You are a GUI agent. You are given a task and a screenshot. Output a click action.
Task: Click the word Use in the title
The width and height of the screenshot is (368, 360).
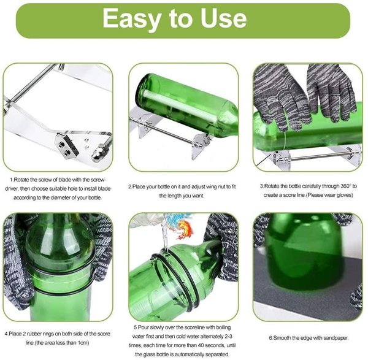tap(223, 17)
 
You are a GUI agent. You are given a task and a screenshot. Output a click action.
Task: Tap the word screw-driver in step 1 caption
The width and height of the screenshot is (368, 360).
tap(58, 184)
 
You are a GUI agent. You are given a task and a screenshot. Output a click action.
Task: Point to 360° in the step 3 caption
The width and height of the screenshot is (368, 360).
tap(345, 186)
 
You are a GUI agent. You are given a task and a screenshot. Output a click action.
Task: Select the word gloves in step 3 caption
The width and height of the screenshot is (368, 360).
tap(344, 195)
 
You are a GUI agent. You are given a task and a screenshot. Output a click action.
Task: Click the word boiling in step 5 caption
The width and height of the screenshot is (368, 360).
tap(223, 327)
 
